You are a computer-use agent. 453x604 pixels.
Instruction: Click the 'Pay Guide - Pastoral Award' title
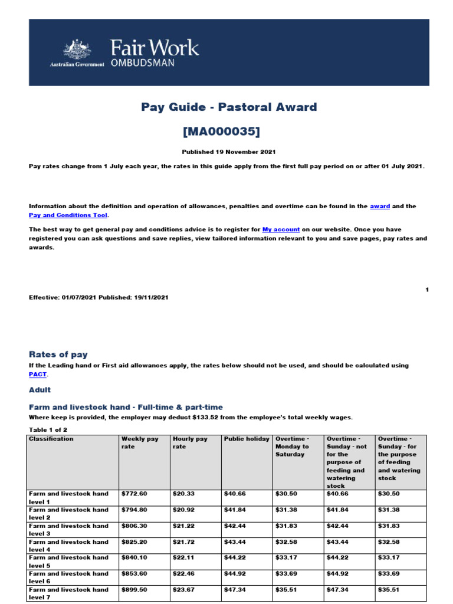229,107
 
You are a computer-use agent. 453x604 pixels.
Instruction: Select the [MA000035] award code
229,130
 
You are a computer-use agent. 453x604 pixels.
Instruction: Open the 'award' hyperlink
380,206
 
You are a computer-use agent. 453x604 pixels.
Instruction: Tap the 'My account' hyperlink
281,229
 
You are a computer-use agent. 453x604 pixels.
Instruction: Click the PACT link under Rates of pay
38,374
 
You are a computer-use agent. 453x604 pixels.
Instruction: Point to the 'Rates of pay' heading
58,354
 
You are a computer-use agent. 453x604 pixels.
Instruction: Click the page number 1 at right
426,289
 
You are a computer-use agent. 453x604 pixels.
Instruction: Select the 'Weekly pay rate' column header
140,442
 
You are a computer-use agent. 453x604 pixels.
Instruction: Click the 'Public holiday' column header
247,439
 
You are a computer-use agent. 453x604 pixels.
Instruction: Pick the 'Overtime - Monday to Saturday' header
292,447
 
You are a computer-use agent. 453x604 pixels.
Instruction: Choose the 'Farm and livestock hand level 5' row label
68,561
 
